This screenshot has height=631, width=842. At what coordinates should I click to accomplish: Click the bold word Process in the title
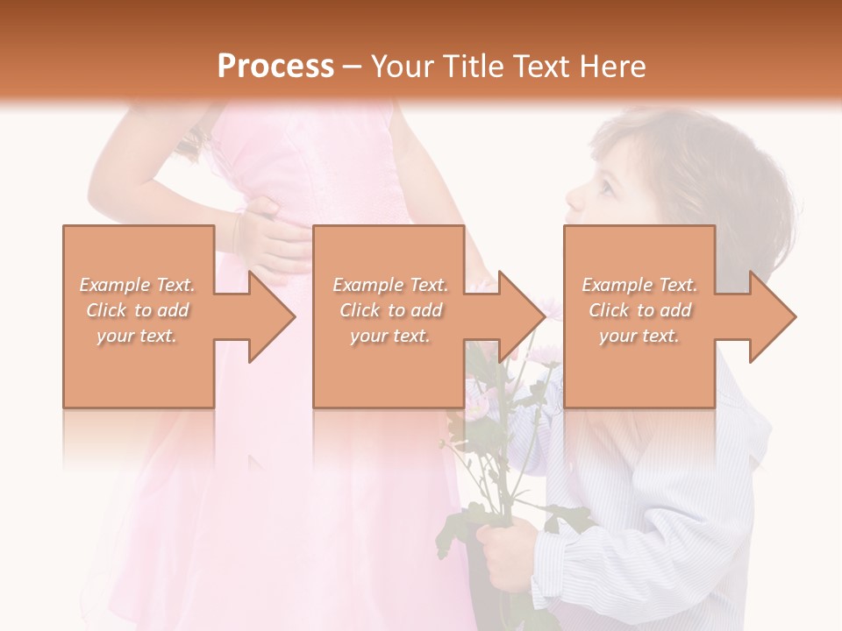coord(275,67)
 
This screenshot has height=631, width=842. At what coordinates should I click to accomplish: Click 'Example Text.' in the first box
coord(137,285)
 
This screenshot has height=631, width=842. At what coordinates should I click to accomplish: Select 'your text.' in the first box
coord(137,336)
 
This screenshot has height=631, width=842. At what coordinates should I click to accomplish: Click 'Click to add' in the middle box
coord(390,310)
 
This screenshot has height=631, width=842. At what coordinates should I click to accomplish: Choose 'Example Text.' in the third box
coord(639,285)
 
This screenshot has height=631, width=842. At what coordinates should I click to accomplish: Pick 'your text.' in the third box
coord(639,336)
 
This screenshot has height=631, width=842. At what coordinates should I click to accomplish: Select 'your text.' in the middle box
coord(390,336)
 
